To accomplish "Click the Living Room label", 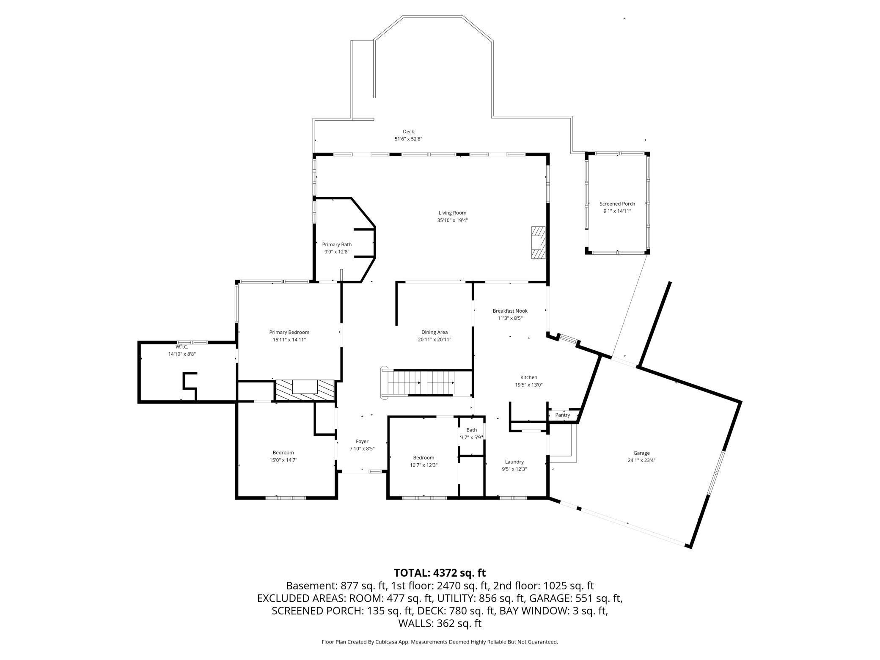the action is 452,213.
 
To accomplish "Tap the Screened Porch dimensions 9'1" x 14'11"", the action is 617,211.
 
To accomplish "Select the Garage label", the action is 641,453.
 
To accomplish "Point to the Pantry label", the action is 562,415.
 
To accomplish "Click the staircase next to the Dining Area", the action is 425,382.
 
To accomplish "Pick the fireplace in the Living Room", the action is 538,242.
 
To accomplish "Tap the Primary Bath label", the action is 337,245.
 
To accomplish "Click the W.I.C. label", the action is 182,347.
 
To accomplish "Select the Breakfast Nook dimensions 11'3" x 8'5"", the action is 510,318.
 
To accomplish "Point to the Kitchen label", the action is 528,377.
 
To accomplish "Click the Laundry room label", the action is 514,462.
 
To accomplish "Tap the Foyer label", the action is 362,441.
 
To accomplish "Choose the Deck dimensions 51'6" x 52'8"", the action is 408,139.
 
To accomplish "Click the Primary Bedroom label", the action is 289,332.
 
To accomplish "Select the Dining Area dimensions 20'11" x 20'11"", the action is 434,339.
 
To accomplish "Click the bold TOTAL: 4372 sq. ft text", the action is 440,573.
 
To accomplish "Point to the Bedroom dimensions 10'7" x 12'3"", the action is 423,465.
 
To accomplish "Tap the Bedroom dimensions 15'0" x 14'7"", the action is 283,460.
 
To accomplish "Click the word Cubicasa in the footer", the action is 385,642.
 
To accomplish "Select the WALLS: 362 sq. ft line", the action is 440,623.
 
